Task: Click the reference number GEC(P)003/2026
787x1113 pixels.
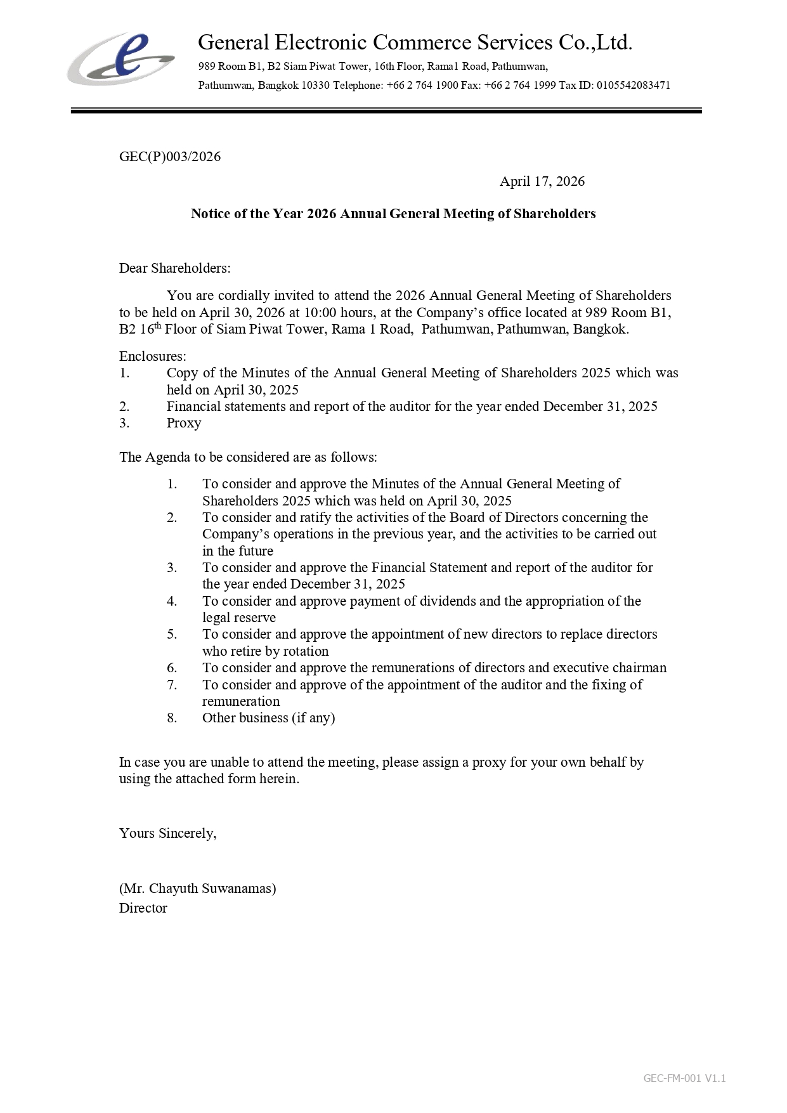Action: pyautogui.click(x=170, y=157)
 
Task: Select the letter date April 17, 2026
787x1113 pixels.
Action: pyautogui.click(x=542, y=181)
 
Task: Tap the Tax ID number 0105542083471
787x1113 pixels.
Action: pyautogui.click(x=633, y=85)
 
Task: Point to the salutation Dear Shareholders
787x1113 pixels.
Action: pyautogui.click(x=174, y=268)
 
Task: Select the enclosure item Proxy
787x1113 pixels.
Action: pyautogui.click(x=184, y=423)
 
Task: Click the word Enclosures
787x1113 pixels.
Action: pyautogui.click(x=152, y=356)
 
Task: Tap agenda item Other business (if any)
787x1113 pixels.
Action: pyautogui.click(x=268, y=718)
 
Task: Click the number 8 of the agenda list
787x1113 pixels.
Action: pyautogui.click(x=172, y=718)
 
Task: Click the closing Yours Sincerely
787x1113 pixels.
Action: pyautogui.click(x=167, y=833)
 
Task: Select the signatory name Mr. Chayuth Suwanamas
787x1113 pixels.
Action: pyautogui.click(x=197, y=888)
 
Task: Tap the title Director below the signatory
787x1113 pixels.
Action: pyautogui.click(x=143, y=908)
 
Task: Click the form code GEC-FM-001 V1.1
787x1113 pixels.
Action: pyautogui.click(x=684, y=1078)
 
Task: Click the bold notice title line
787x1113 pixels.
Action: pyautogui.click(x=393, y=214)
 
